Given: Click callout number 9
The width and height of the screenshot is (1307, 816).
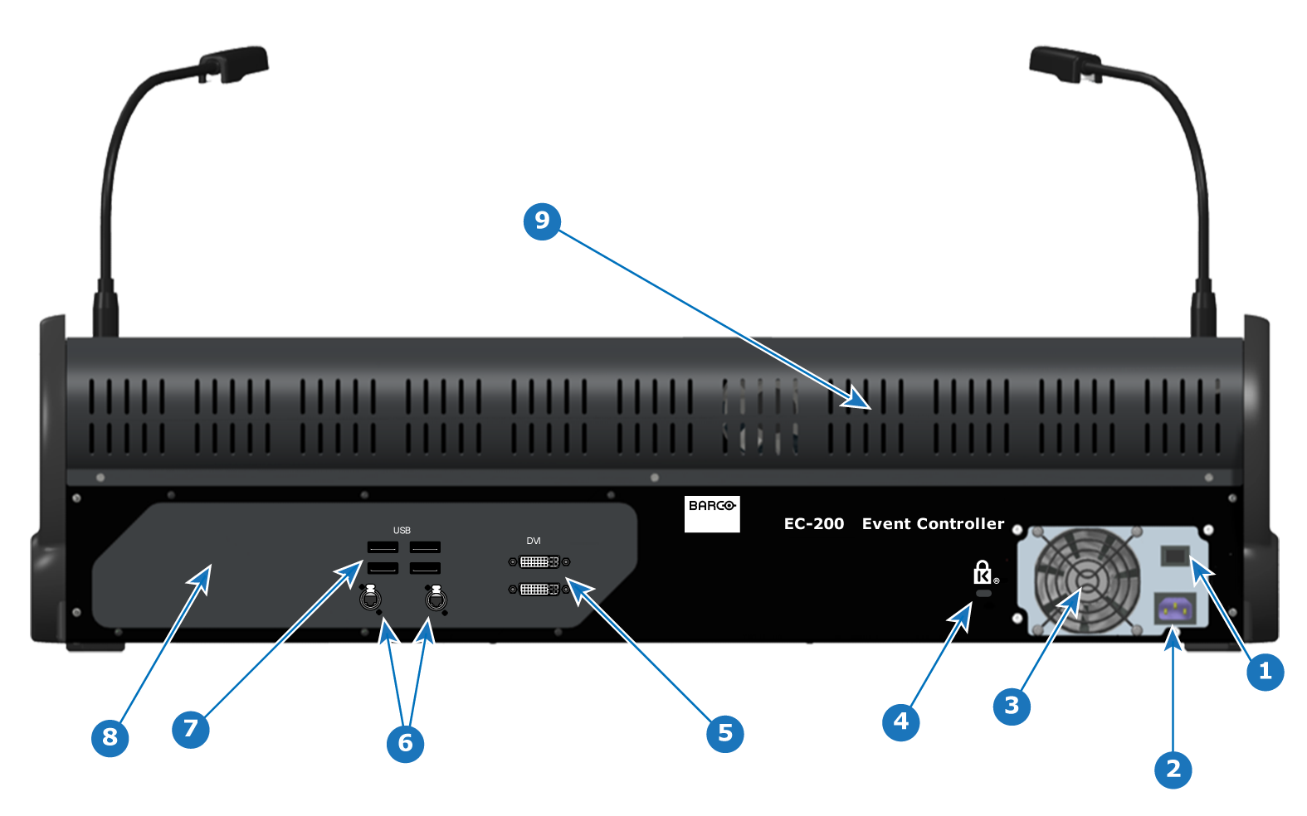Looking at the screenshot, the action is [542, 221].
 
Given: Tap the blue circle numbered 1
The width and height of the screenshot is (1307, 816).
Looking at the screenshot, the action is [1265, 672].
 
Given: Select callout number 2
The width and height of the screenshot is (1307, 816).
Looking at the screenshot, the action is [1173, 770].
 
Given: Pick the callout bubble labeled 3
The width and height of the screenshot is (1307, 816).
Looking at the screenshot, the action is [1012, 707].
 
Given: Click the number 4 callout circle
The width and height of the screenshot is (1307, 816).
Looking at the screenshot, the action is [901, 722].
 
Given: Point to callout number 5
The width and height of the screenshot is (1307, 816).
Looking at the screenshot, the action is [724, 734].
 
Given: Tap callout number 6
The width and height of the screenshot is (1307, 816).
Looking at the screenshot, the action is [405, 744].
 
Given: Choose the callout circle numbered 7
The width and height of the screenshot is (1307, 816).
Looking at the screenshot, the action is [191, 729].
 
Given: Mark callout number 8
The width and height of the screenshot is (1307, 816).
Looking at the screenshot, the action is [110, 738].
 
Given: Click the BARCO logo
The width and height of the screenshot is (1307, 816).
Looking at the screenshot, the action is [712, 514].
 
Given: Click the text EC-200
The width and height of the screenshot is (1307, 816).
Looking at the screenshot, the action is [814, 524].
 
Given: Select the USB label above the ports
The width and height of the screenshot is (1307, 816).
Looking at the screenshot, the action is [402, 530].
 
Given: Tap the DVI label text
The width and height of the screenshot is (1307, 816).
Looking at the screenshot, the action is [534, 541].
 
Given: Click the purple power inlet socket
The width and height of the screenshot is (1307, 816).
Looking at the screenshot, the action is [1175, 610].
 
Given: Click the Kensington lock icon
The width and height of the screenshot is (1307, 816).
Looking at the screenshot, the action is [983, 573].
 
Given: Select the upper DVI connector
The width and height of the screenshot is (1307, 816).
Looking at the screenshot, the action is [539, 561].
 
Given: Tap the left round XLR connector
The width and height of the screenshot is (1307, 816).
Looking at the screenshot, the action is [370, 599].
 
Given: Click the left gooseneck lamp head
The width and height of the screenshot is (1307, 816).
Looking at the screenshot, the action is [233, 63].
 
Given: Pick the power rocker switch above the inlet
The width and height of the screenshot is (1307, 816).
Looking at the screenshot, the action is [1175, 556].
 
